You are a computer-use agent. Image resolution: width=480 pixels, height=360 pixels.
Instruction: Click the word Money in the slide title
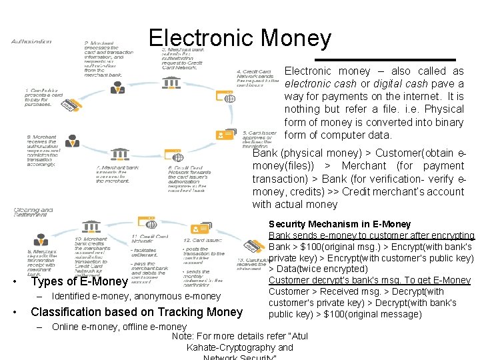[297, 38]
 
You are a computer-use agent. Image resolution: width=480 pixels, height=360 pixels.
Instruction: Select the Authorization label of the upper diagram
[31, 41]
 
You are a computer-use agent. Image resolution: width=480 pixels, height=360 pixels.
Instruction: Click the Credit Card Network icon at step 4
[229, 98]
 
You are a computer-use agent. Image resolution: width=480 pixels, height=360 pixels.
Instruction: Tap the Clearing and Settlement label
[33, 212]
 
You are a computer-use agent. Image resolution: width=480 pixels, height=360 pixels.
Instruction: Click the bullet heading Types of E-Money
[79, 281]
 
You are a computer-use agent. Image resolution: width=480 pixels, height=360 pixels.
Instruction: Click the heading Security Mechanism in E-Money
[340, 224]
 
